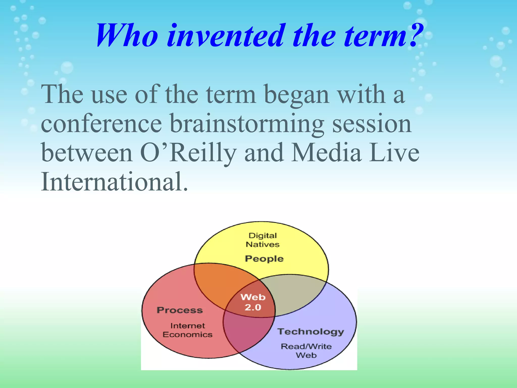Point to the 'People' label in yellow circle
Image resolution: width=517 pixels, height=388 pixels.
pos(264,259)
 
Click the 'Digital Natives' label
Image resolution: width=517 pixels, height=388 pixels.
pos(263,240)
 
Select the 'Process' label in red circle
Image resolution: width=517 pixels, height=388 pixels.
pos(180,310)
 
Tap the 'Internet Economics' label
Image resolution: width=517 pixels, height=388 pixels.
pos(188,330)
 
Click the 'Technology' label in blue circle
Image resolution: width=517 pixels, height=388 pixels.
pos(311,331)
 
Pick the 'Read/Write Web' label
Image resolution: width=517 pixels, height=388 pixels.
pos(306,351)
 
